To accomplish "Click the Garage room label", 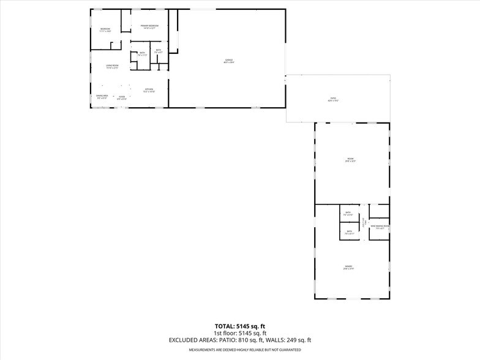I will click(x=229, y=60).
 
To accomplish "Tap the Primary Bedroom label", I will click(x=149, y=26).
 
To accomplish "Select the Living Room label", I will click(x=111, y=66).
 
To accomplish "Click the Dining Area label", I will click(x=101, y=97).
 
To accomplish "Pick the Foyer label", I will click(x=122, y=97).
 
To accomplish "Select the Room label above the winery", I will click(x=350, y=160).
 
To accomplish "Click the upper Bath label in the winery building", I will click(x=348, y=214).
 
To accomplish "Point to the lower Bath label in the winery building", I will click(x=349, y=232).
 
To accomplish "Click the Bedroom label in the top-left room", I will click(x=105, y=30).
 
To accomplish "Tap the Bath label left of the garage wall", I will click(x=159, y=51).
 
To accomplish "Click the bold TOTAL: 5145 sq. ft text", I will click(x=239, y=326).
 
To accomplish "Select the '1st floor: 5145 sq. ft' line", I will click(x=239, y=333).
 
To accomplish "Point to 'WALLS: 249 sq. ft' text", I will click(x=291, y=340).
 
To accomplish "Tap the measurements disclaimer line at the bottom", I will click(x=239, y=350).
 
